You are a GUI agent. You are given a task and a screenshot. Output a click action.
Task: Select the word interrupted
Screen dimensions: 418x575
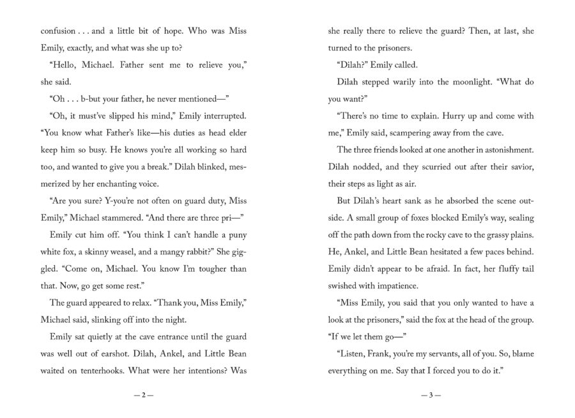point(224,118)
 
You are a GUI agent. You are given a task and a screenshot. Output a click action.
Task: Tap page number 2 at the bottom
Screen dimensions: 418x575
point(144,395)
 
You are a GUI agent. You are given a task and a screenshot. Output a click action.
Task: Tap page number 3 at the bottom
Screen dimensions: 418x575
point(431,395)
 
